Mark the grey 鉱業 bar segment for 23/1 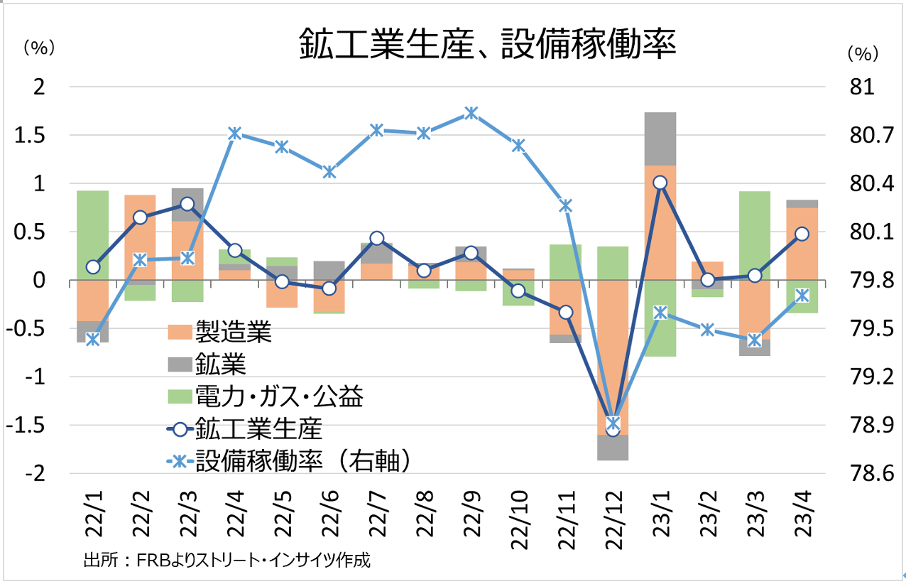(x=660, y=139)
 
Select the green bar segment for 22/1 (x=92, y=234)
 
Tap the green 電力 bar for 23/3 (x=754, y=234)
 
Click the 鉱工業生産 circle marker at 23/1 (x=660, y=183)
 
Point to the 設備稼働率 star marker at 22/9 (x=471, y=113)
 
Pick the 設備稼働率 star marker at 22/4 (x=234, y=134)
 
